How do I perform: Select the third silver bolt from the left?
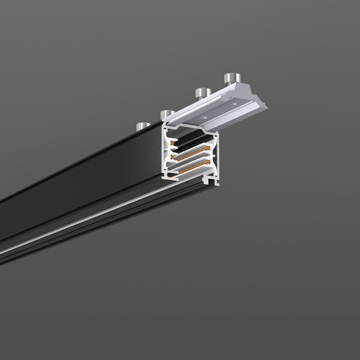(x=201, y=93)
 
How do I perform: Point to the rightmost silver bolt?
(x=231, y=78)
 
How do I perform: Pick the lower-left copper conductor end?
(x=172, y=163)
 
